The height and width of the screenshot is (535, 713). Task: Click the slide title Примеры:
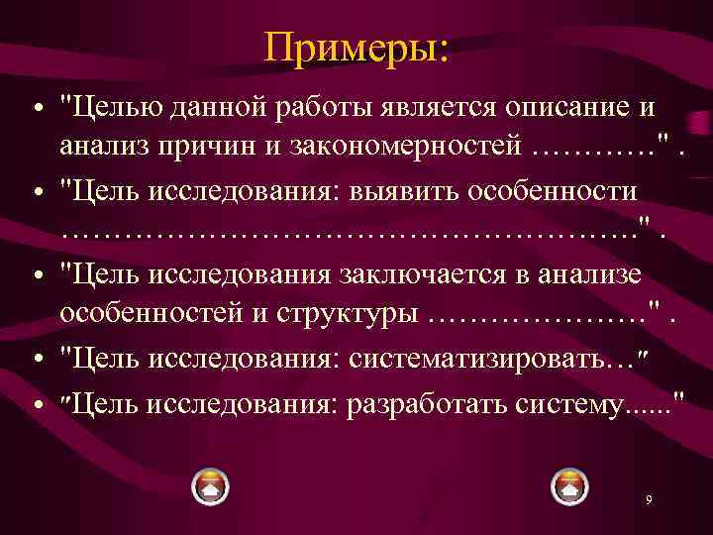coord(356,47)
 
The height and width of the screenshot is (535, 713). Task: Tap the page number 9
coord(648,500)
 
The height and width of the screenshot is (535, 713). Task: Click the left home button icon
coord(210,486)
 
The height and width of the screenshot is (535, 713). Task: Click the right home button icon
coord(569,486)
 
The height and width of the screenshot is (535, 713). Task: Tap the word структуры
coord(348,314)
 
